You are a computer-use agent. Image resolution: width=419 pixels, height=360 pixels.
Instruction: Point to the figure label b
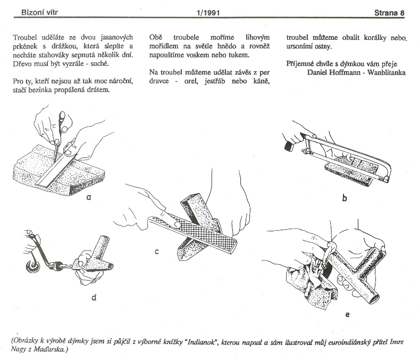[345, 198]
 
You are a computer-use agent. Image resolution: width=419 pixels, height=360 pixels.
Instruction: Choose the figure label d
[94, 297]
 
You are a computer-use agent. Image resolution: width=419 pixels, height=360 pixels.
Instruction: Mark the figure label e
[347, 314]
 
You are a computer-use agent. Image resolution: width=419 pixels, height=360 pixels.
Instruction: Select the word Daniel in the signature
[321, 72]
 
